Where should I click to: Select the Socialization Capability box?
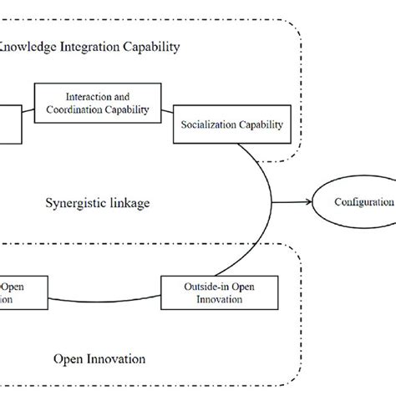[x=231, y=125]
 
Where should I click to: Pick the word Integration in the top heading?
[x=91, y=47]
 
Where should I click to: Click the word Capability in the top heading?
[x=150, y=47]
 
